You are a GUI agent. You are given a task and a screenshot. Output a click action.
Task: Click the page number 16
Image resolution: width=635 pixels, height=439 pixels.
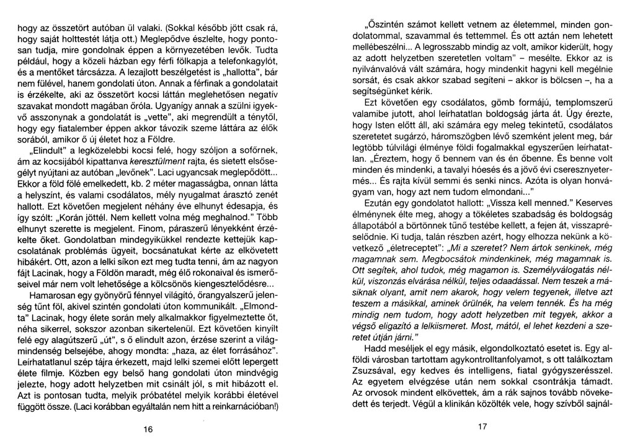click(x=148, y=428)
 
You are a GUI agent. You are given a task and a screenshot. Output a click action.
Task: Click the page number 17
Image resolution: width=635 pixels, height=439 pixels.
click(x=483, y=428)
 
